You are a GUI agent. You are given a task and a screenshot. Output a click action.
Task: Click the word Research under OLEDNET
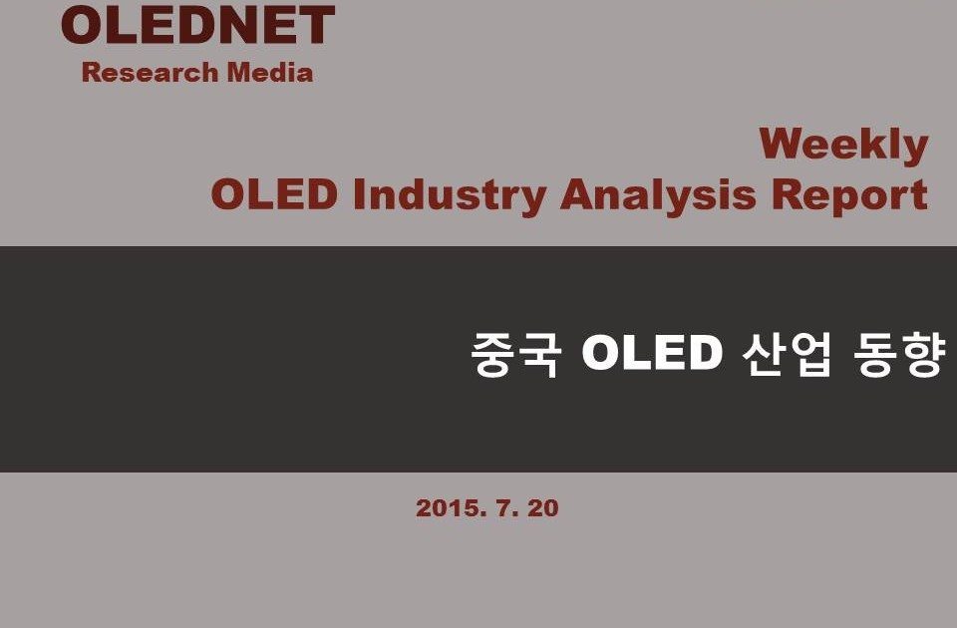point(151,72)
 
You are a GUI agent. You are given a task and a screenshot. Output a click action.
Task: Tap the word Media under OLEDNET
point(270,72)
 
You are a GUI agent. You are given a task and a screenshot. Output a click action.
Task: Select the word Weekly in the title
point(843,147)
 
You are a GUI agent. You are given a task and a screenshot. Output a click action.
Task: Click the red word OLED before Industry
point(274,194)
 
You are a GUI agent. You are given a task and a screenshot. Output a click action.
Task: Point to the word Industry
point(450,196)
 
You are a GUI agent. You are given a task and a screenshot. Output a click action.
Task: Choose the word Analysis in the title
point(658,196)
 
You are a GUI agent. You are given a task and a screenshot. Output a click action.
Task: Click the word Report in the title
point(849,196)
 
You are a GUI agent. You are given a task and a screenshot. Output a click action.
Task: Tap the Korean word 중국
point(516,354)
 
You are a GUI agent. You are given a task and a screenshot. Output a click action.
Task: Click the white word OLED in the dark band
point(652,352)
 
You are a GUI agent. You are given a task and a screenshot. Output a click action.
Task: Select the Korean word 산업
point(787,354)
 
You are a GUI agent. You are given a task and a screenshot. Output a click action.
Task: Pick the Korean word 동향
point(899,354)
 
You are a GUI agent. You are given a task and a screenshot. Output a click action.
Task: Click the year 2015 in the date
point(452,508)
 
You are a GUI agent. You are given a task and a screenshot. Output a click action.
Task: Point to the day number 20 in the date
point(543,508)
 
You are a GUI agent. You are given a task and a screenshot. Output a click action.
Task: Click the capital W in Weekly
point(784,143)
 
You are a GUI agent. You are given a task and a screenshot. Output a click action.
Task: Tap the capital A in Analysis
point(578,194)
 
